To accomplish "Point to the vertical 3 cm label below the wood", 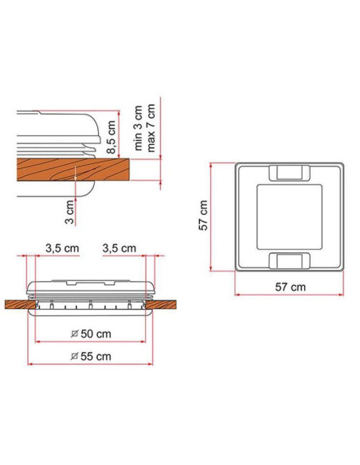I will coord(69,211).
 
